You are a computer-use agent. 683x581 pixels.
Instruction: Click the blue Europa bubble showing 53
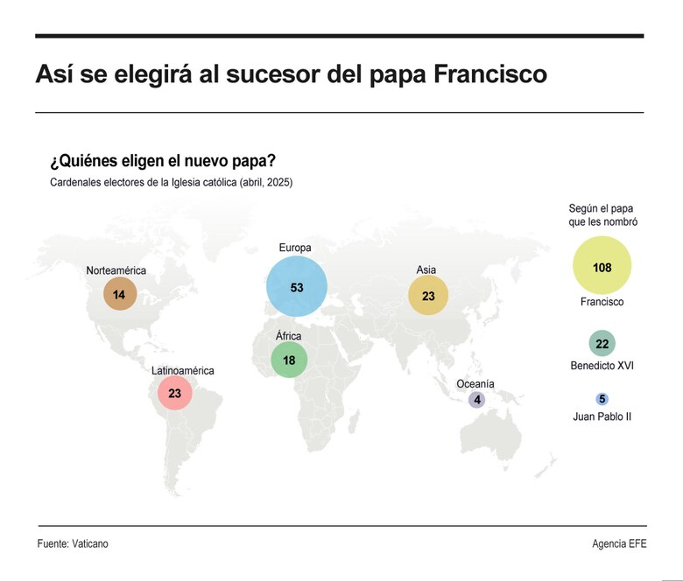tap(297, 287)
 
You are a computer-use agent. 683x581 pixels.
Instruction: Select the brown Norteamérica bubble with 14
tap(119, 295)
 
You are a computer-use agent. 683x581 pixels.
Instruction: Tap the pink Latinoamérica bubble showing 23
tap(174, 393)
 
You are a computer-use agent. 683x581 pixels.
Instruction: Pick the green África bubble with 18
tap(288, 360)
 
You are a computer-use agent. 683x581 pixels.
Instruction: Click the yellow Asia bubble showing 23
tap(428, 296)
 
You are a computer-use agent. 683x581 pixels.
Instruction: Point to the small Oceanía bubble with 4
tap(476, 400)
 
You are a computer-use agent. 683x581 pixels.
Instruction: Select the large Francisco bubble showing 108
tap(602, 266)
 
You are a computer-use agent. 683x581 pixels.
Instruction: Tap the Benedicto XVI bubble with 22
tap(602, 344)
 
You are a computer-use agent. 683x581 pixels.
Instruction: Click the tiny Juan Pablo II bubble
tap(602, 399)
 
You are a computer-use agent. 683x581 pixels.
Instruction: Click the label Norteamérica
tap(116, 270)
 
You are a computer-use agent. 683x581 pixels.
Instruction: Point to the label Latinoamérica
tap(182, 370)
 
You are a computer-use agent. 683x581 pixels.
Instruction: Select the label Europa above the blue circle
tap(294, 248)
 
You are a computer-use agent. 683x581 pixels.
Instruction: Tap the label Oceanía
tap(475, 384)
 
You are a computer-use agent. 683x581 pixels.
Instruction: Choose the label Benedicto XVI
tap(602, 365)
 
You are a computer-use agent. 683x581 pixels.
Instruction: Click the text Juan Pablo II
tap(602, 416)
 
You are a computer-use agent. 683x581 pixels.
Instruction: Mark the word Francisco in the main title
tap(490, 74)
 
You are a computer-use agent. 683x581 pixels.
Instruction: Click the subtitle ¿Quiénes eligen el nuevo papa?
tap(164, 162)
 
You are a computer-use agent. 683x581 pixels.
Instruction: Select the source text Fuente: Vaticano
tap(73, 543)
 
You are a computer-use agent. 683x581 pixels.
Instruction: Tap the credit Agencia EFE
tap(618, 543)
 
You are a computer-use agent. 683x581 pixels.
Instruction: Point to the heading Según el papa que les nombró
tap(602, 215)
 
